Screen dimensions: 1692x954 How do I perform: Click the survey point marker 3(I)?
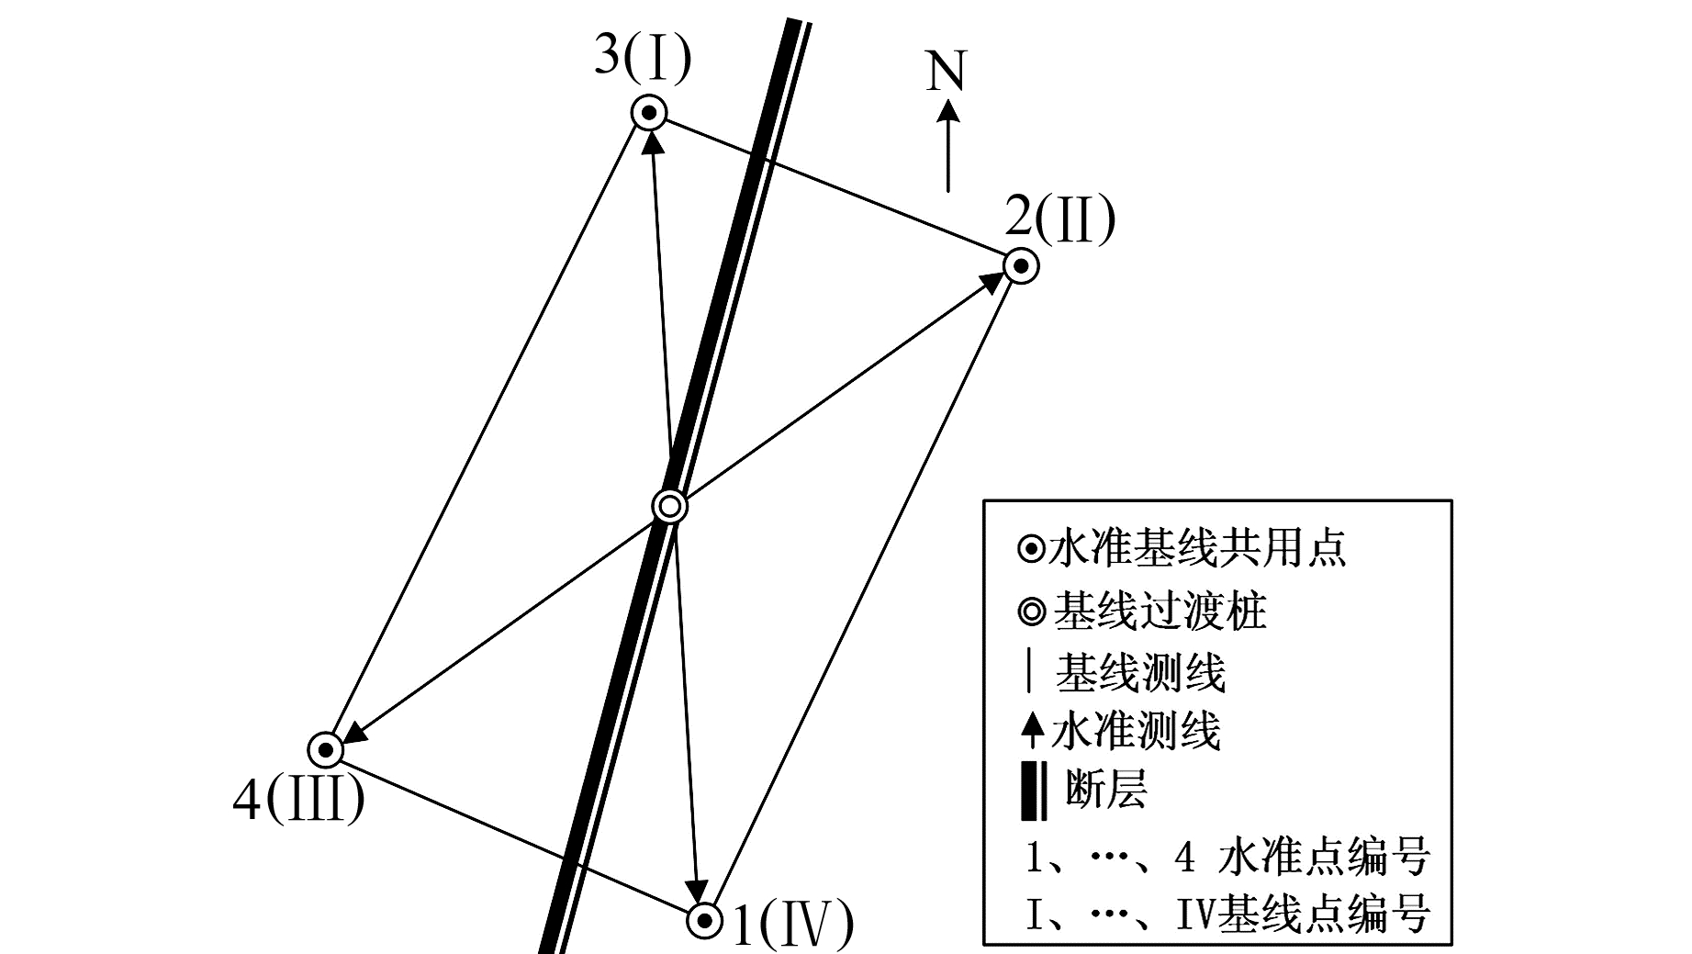(649, 114)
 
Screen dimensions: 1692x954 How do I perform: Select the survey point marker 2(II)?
(1020, 266)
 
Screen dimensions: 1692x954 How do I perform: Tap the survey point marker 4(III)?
(325, 750)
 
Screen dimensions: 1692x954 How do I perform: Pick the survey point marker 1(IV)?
(704, 919)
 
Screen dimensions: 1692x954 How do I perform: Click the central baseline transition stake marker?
(669, 506)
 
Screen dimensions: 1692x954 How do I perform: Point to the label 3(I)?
(642, 56)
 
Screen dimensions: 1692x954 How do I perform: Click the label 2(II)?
(1059, 219)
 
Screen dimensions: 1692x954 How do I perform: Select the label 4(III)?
(298, 801)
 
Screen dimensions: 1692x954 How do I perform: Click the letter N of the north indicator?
(947, 71)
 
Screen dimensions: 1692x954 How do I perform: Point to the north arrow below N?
(948, 147)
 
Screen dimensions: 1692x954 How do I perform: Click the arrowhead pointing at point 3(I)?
(652, 142)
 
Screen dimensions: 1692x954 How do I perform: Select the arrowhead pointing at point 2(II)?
(993, 281)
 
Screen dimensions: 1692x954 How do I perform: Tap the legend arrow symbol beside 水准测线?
(1033, 732)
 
